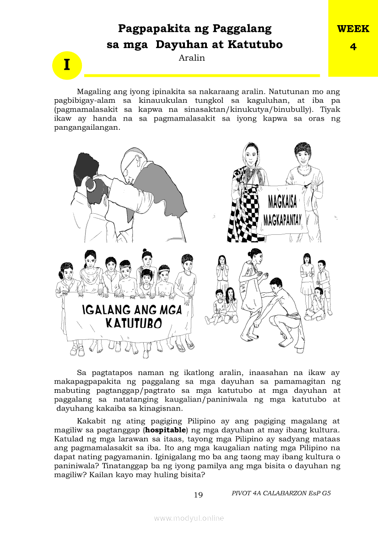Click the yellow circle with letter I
pos(67,65)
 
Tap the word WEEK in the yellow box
pos(353,29)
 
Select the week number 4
pos(353,47)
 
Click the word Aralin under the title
pos(192,58)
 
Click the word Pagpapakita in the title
pos(151,29)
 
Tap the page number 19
pos(198,495)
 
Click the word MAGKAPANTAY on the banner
pos(282,221)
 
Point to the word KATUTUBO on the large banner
pos(134,323)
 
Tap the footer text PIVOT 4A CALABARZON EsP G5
pos(281,493)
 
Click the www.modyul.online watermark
pos(189,518)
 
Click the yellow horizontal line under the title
pos(202,75)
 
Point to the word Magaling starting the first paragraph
pos(92,91)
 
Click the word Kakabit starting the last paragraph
pos(92,421)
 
